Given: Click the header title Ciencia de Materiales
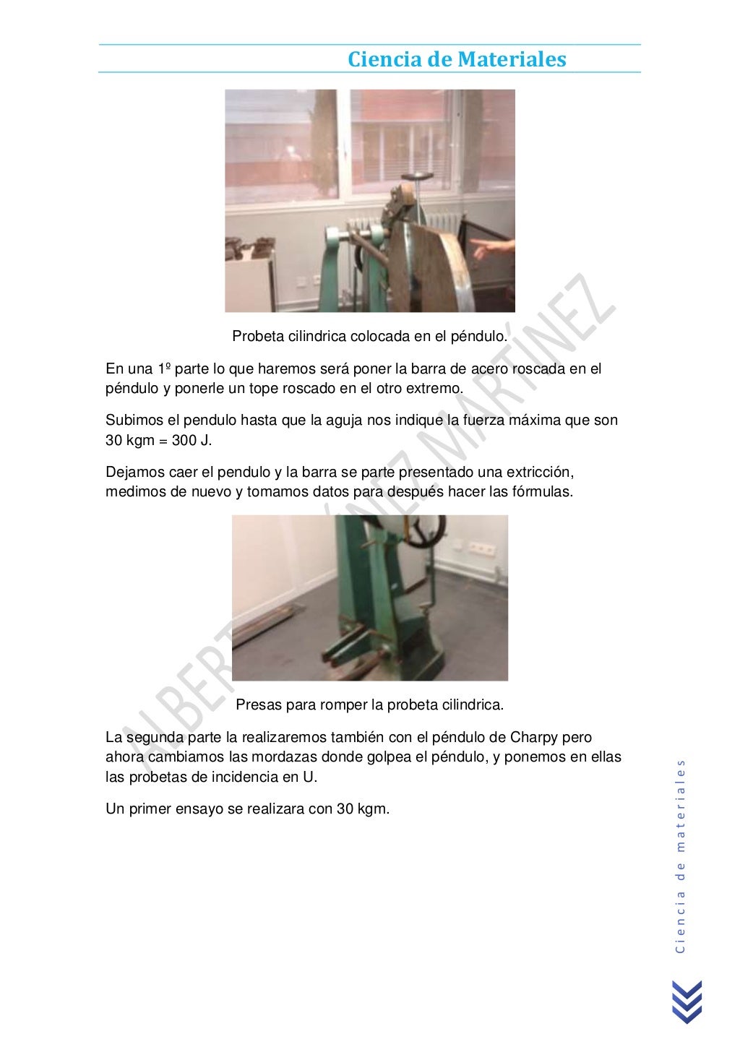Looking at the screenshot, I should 457,59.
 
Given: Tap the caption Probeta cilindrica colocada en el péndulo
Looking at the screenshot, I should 370,336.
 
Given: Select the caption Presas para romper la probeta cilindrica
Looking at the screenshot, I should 370,705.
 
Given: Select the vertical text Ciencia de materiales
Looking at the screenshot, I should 680,856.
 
